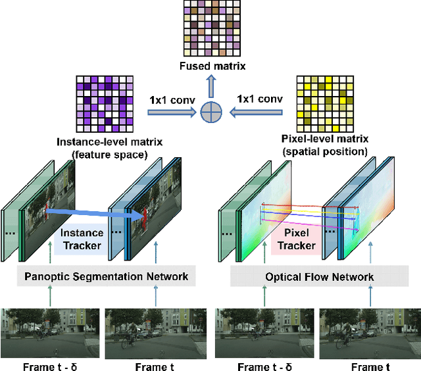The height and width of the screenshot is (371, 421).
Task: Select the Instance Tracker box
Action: tap(82, 239)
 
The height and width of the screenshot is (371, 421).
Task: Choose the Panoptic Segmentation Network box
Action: tap(106, 277)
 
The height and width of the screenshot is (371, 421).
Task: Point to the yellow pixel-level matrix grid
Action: tap(326, 105)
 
